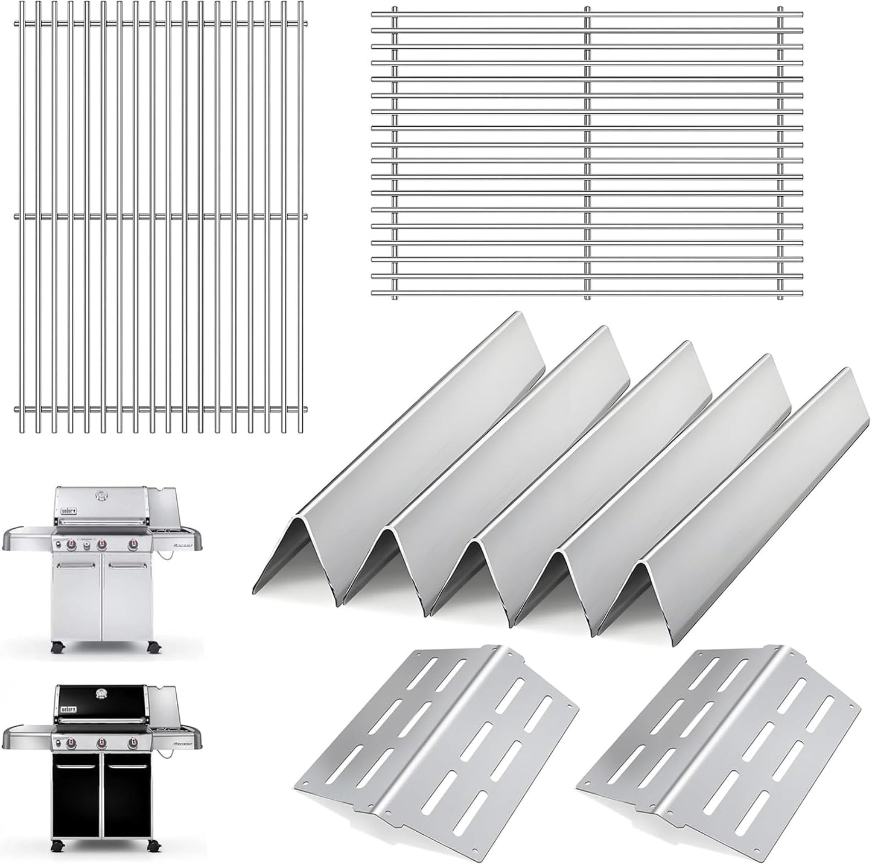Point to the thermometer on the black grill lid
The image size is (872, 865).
(x=101, y=693)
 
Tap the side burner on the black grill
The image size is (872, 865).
(x=171, y=728)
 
